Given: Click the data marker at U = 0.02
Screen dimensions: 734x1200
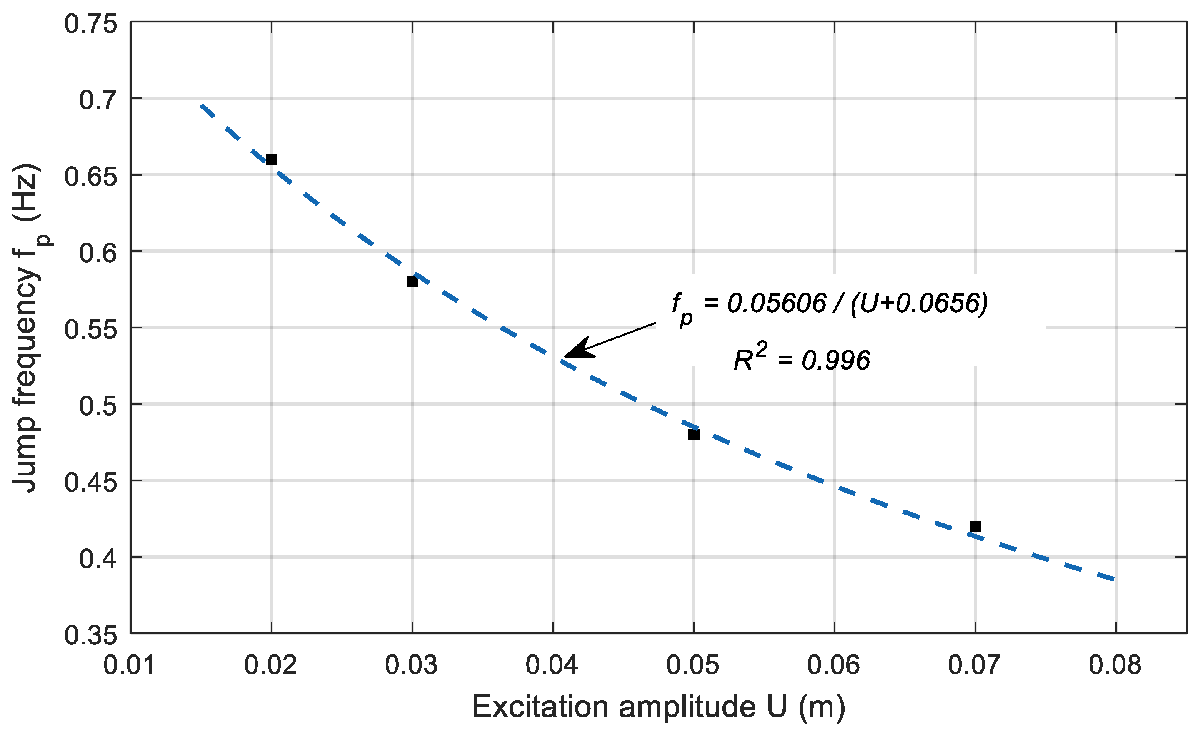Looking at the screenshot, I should click(x=272, y=159).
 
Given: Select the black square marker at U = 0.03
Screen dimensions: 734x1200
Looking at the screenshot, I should click(x=412, y=282).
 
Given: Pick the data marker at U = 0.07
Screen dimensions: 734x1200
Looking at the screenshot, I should click(x=975, y=526).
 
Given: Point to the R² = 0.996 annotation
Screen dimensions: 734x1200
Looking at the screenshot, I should click(x=802, y=359).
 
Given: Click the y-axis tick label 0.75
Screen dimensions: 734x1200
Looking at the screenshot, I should click(x=91, y=24).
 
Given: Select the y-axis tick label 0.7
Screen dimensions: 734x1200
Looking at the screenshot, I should click(x=98, y=100).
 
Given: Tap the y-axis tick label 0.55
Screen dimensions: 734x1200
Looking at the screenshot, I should click(x=91, y=329).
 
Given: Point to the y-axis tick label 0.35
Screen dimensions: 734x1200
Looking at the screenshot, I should click(x=91, y=635).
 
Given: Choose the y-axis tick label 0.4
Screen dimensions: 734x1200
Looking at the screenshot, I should click(x=98, y=558).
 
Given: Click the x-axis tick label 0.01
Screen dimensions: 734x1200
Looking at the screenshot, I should click(x=130, y=665).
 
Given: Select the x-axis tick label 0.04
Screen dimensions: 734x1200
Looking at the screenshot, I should click(x=552, y=665).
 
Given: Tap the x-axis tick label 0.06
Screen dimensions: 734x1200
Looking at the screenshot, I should click(x=833, y=665).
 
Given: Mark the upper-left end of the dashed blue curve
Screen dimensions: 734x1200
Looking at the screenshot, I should click(x=201, y=105).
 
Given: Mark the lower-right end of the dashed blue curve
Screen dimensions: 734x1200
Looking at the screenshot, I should click(x=1114, y=579).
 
